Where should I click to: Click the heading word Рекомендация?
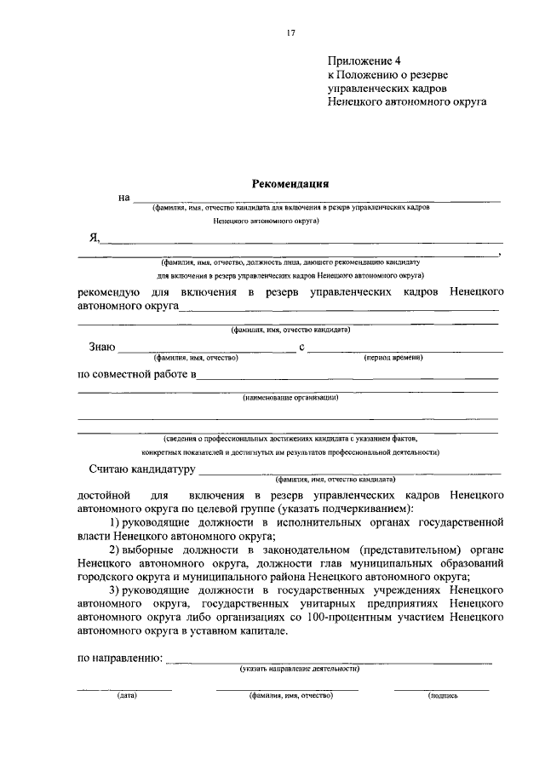coord(290,182)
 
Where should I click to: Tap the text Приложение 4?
coord(364,60)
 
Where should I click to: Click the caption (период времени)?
coord(393,358)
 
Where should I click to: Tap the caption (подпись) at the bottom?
coord(443,695)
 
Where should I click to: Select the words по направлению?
coord(120,658)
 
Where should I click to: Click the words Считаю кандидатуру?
coord(141,469)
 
